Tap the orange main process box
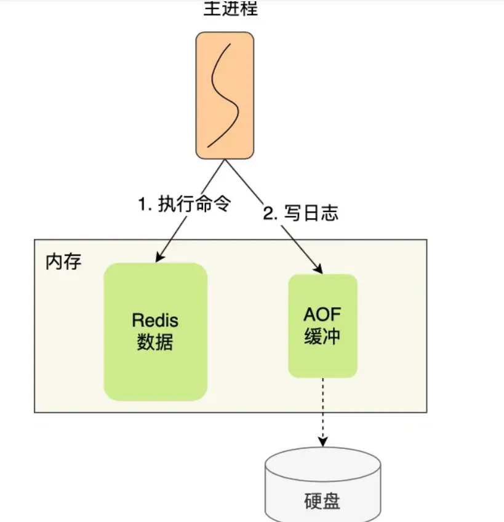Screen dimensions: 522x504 (225, 95)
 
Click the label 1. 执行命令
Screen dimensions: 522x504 (184, 204)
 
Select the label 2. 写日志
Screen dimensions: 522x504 (300, 213)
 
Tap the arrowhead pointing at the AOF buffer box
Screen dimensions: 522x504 (318, 269)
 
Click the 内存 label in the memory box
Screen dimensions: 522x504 (63, 261)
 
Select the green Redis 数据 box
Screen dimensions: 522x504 (155, 331)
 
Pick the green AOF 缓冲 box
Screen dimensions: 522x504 (322, 326)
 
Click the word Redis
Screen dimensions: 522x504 (155, 320)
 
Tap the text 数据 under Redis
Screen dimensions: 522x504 (155, 342)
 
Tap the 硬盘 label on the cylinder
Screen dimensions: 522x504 (322, 501)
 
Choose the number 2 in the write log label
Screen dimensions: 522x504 (268, 214)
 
